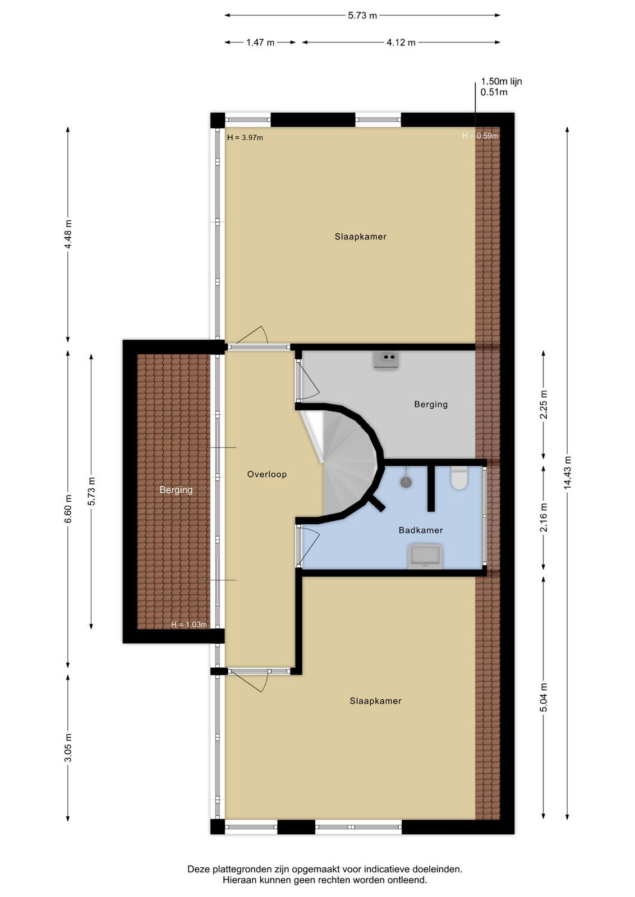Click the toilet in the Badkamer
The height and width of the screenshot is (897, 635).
point(458,478)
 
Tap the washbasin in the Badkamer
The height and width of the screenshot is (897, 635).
point(425,556)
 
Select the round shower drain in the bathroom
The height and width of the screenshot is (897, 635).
point(406,482)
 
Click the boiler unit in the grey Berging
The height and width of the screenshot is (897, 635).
point(386,359)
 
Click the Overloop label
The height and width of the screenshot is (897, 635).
point(267,474)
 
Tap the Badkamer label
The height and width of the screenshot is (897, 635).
point(421,530)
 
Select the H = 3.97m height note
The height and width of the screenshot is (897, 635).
point(245,138)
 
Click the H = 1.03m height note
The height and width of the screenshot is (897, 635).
point(188,625)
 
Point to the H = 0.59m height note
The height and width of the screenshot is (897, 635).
point(480,136)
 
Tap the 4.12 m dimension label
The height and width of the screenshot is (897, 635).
point(401,43)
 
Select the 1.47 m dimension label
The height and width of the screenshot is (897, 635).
point(260,43)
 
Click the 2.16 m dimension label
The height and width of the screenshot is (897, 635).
point(543,517)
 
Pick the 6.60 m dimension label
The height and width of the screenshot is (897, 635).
point(68,508)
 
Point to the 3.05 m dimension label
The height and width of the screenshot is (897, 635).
point(68,747)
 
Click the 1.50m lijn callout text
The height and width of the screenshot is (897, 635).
point(501,82)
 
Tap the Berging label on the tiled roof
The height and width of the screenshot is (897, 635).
point(176,490)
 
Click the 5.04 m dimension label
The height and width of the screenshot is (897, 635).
point(543,697)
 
